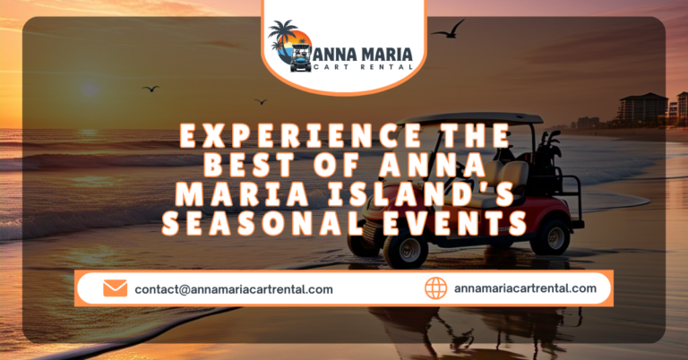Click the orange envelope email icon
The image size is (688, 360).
(115, 288)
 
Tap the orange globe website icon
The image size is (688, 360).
(435, 288)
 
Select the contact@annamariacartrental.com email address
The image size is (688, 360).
(234, 289)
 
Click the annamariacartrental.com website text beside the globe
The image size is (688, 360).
(525, 288)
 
